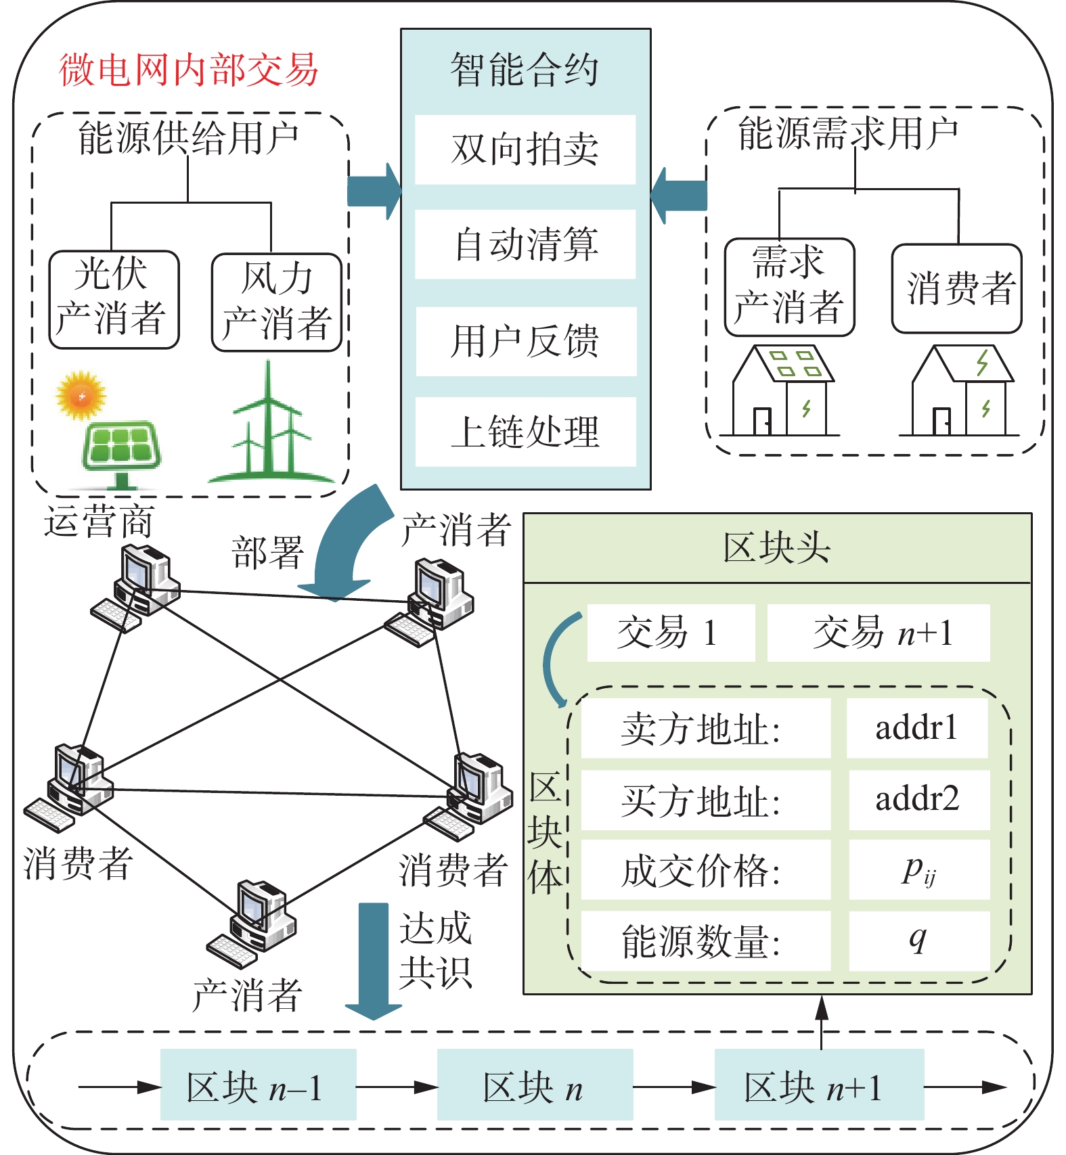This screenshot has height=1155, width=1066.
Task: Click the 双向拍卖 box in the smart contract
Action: click(525, 150)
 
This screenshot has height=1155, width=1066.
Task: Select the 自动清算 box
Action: click(525, 244)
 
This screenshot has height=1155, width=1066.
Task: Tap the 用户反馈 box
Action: click(525, 341)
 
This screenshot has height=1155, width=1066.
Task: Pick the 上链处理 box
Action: click(525, 432)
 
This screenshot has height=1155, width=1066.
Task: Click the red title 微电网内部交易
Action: click(188, 70)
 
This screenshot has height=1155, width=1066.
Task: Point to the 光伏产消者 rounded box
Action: click(114, 300)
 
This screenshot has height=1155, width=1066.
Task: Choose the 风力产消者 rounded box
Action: click(276, 302)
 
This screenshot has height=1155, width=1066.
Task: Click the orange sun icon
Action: click(81, 395)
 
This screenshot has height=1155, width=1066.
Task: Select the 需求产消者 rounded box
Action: click(789, 287)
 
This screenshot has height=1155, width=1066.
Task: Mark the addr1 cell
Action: click(916, 729)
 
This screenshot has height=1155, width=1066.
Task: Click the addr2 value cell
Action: click(918, 800)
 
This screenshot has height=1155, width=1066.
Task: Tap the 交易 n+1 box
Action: click(879, 633)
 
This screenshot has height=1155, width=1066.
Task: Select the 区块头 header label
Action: click(777, 548)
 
